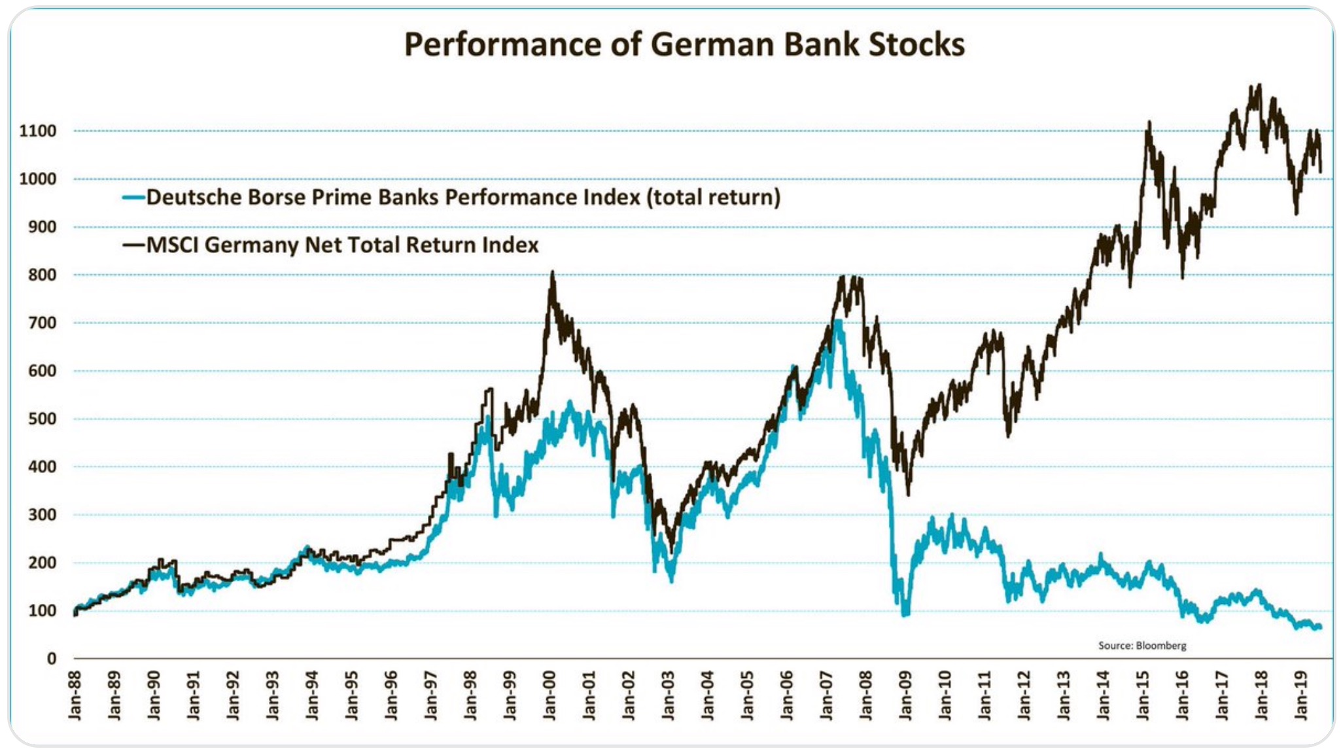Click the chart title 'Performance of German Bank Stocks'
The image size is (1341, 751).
684,44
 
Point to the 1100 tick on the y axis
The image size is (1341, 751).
38,131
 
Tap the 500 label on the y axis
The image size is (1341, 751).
42,419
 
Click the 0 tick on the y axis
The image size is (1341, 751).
52,659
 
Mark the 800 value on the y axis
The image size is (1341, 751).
42,275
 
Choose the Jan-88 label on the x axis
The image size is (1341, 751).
75,695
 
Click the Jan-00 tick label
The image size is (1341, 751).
549,695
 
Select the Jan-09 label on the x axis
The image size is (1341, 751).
905,695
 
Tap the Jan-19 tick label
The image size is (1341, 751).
1301,695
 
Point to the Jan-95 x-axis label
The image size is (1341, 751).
352,695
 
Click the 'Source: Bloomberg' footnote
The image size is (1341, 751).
1141,646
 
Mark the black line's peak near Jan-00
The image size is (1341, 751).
553,271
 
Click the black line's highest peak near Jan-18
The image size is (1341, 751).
1259,86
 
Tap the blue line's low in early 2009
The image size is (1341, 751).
905,614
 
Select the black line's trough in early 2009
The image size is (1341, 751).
908,494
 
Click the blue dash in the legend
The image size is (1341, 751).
133,197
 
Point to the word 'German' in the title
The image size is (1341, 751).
711,44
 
